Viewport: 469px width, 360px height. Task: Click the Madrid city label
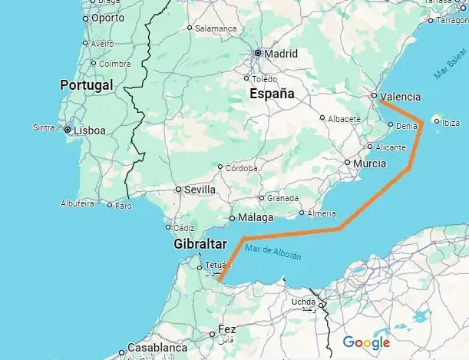[x=280, y=54]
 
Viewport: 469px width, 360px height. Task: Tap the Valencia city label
[x=400, y=97]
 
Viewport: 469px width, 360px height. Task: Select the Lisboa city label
[x=89, y=130]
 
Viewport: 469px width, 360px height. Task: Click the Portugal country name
[x=87, y=84]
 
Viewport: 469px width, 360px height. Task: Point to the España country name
[x=272, y=94]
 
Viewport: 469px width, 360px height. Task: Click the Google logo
[x=366, y=342]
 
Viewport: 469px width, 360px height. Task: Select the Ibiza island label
[x=451, y=122]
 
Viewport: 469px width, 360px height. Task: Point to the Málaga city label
[x=256, y=218]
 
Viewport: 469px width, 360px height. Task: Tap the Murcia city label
[x=370, y=163]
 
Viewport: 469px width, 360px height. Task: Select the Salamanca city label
[x=216, y=28]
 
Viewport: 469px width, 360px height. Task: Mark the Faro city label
[x=123, y=205]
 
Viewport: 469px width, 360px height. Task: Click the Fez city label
[x=226, y=329]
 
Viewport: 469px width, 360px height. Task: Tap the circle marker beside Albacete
[x=322, y=118]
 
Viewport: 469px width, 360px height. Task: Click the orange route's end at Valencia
[x=381, y=99]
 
